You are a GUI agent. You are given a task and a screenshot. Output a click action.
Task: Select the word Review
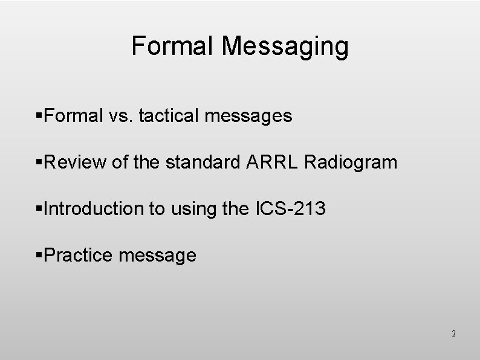77,162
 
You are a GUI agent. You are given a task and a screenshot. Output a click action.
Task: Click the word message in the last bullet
158,256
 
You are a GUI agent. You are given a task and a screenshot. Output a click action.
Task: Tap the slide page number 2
453,333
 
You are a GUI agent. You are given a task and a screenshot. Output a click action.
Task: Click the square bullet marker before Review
40,162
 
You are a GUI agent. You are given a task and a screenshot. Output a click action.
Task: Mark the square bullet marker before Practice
40,256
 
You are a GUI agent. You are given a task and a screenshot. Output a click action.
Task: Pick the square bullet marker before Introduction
40,209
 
